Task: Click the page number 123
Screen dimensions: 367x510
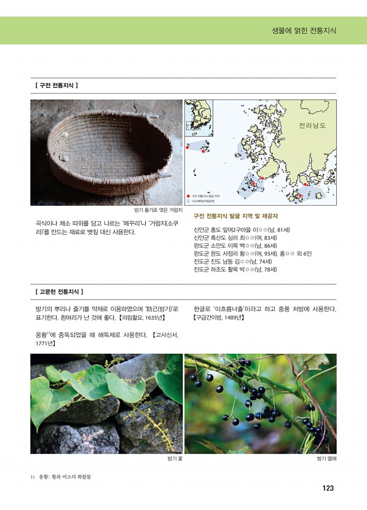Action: point(327,488)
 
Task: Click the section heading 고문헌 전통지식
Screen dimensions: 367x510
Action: point(60,291)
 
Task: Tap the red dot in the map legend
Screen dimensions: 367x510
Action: point(189,195)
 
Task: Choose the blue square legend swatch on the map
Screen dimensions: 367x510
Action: point(189,201)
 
